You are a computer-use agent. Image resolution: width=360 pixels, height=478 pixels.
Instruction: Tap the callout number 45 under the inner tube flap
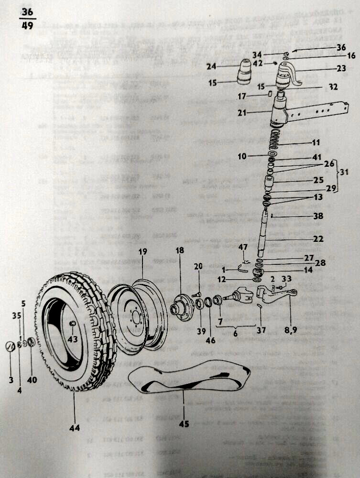point(185,423)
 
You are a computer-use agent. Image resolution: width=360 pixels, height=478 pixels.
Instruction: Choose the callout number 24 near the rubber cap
point(212,67)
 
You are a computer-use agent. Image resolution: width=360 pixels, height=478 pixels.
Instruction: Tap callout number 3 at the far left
point(11,380)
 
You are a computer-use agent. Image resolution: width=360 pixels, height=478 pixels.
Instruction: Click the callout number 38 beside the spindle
point(318,216)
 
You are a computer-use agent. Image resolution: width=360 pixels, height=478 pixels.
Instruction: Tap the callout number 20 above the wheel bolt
point(199,266)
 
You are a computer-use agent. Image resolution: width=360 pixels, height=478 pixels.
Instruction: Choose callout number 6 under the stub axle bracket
point(235,334)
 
